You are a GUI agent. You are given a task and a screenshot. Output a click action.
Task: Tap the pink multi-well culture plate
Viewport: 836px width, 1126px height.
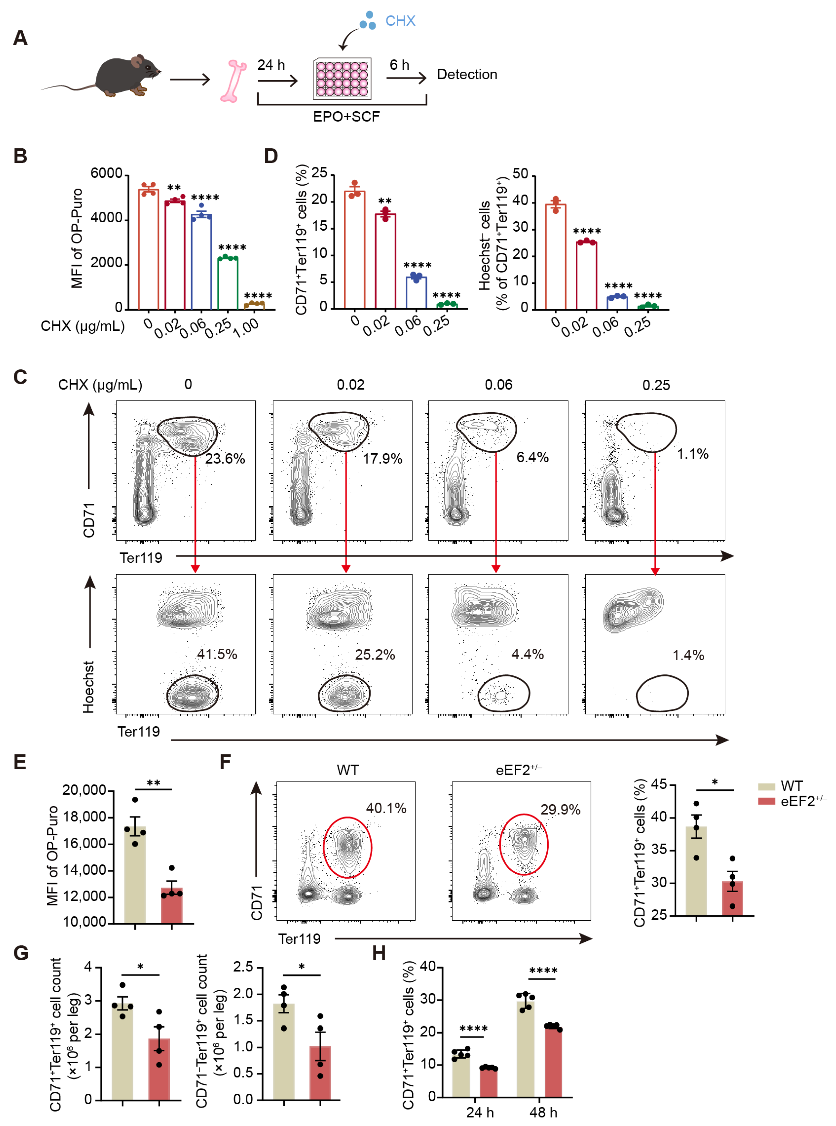pos(342,78)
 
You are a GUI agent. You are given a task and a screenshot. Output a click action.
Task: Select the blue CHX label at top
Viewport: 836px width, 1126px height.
pos(400,21)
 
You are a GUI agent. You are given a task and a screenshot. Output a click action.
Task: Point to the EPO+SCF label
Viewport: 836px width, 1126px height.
pos(346,117)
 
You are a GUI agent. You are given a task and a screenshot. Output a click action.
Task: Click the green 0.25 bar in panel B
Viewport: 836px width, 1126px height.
pos(228,283)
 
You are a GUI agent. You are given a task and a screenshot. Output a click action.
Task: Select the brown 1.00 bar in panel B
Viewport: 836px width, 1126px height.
pos(254,306)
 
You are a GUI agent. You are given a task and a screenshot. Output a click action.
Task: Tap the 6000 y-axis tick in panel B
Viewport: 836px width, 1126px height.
pos(106,174)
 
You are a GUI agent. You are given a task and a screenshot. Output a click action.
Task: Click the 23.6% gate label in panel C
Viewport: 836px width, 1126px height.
pos(225,459)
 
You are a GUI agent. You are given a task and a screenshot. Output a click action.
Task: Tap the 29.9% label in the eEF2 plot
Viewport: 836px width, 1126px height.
pos(560,810)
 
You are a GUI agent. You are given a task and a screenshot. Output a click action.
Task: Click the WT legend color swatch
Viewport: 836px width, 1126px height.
pos(766,786)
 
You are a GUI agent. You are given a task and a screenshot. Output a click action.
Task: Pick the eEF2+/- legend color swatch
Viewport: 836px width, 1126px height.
pos(766,801)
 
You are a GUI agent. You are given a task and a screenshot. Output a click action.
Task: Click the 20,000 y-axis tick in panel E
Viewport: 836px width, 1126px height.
pos(84,790)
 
